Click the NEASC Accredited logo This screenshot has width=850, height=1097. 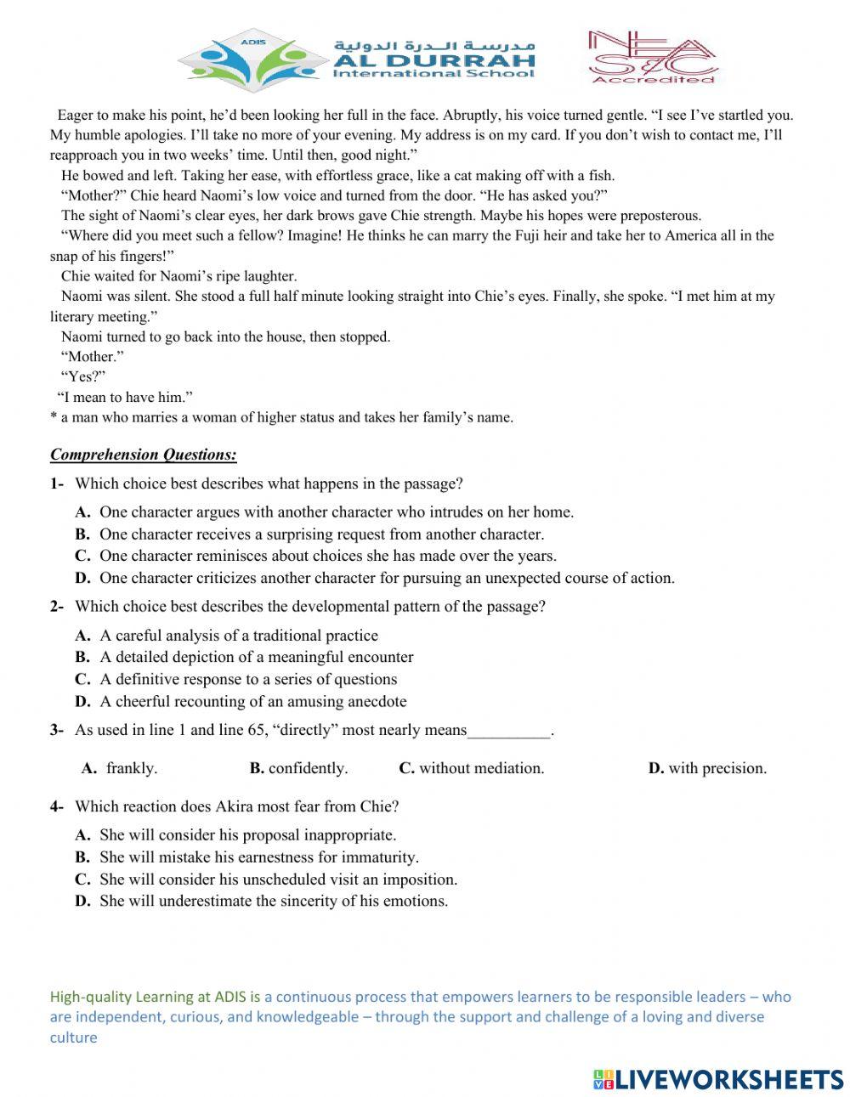(652, 57)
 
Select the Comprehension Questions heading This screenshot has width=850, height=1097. (143, 455)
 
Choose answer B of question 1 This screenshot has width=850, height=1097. (321, 534)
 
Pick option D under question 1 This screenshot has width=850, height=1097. (387, 579)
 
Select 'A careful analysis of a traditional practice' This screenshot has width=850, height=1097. (238, 636)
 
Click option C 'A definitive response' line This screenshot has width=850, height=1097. (247, 680)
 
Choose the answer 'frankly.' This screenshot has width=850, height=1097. (131, 769)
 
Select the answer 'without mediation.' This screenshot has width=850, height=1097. (481, 769)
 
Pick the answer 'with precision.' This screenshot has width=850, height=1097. (717, 769)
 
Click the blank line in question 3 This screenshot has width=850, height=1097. (509, 731)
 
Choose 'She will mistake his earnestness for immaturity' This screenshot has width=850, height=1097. (258, 857)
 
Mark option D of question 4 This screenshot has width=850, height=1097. (273, 902)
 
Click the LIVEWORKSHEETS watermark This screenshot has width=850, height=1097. (717, 1079)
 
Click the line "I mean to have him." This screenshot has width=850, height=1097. (125, 397)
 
